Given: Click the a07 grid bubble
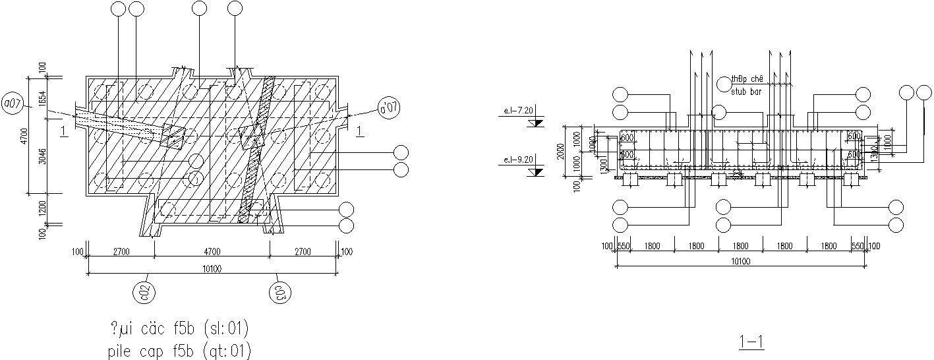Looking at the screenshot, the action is click(x=13, y=104).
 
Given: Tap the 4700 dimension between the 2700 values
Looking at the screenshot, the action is click(x=212, y=251).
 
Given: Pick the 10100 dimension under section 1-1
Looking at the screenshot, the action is click(x=740, y=262).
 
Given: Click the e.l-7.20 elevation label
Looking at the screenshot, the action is click(x=517, y=111).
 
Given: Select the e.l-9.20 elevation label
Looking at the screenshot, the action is click(x=517, y=159).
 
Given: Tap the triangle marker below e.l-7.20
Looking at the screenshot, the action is click(x=537, y=123).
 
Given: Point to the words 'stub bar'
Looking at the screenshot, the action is click(x=746, y=92).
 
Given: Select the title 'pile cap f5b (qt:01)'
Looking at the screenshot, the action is click(x=179, y=350).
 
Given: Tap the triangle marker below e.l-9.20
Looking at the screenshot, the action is click(x=537, y=171).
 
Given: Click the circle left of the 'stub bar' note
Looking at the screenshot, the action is click(x=724, y=83).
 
